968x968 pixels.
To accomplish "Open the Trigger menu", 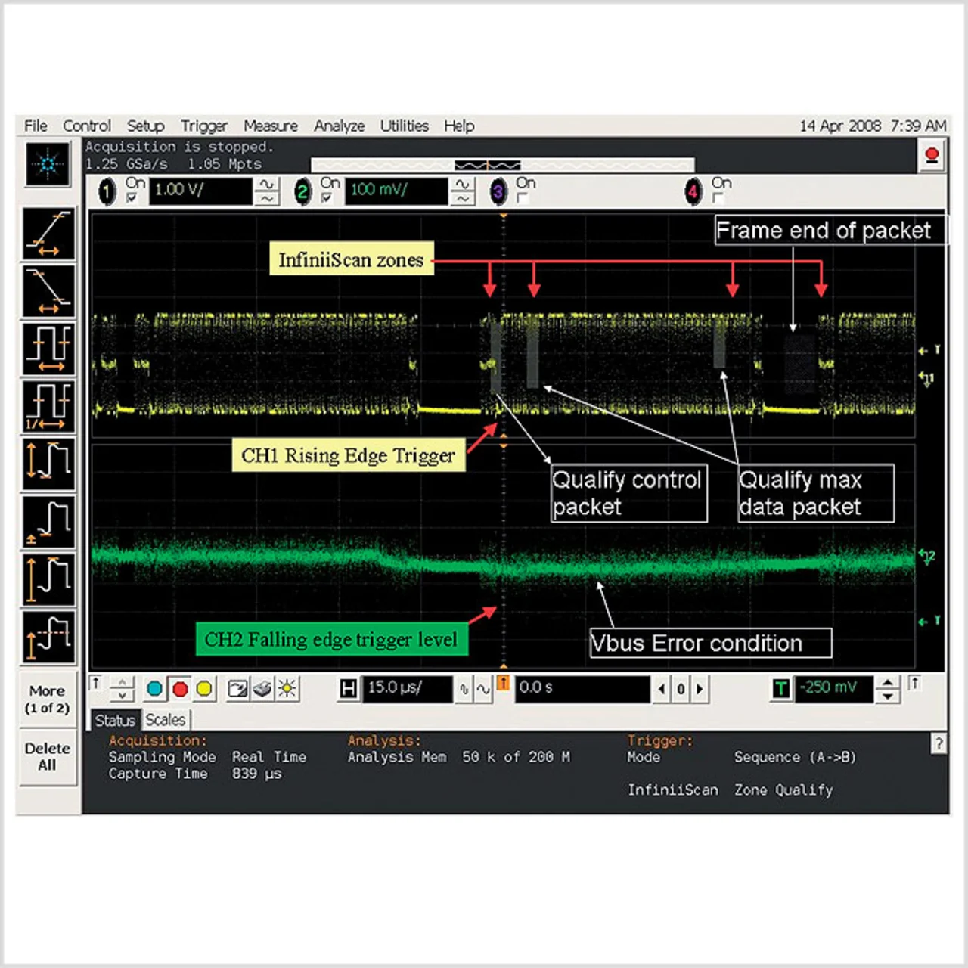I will (203, 126).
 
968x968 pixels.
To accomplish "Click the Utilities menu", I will (404, 126).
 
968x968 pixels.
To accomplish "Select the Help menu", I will (458, 126).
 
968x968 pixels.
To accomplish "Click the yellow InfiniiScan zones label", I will (351, 260).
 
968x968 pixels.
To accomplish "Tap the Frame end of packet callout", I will (824, 230).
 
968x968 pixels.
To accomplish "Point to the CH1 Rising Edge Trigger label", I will (348, 455).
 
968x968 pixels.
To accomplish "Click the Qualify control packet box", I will (628, 493).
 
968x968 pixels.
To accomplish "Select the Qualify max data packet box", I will (815, 493).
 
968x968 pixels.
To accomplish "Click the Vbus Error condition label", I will (709, 644).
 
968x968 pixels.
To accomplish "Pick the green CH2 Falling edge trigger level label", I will (331, 640).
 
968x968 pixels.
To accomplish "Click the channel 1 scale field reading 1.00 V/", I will (200, 191).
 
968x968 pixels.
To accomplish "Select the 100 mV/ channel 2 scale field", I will (396, 191).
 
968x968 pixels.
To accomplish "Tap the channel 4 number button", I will (693, 191).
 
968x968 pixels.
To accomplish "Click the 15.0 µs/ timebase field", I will (406, 688).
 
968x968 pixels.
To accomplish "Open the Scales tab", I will (166, 720).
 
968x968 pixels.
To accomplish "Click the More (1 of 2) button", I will (47, 700).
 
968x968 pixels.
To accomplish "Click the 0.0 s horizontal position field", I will (581, 688).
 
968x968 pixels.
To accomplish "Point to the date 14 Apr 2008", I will (840, 126).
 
